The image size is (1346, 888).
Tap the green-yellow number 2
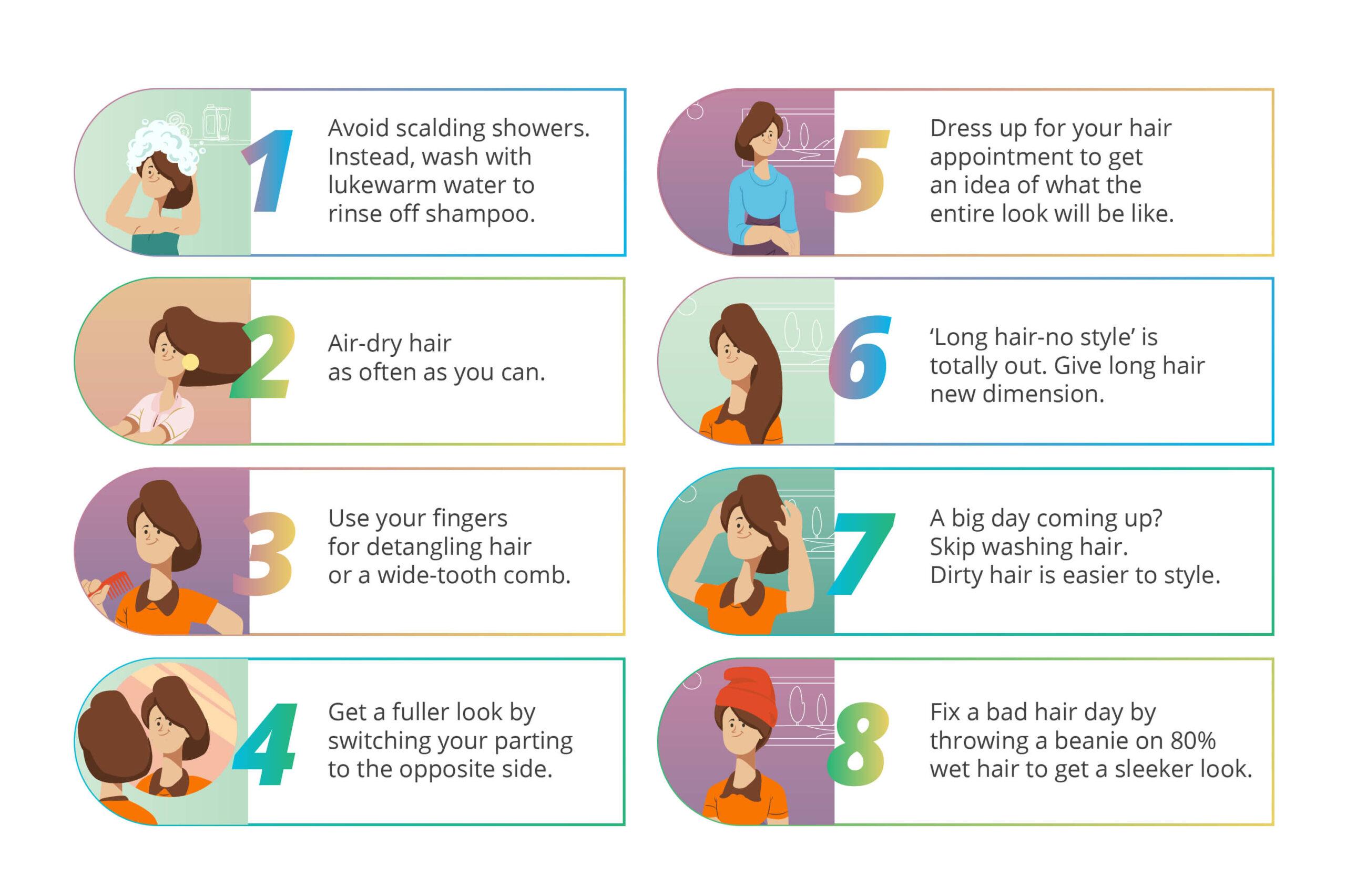coord(262,356)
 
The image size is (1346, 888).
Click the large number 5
coord(857,170)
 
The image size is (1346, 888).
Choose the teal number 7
coord(860,554)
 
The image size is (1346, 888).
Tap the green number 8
coord(858,744)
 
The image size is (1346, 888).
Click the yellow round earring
coord(190,362)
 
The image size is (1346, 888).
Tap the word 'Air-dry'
coord(361,344)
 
